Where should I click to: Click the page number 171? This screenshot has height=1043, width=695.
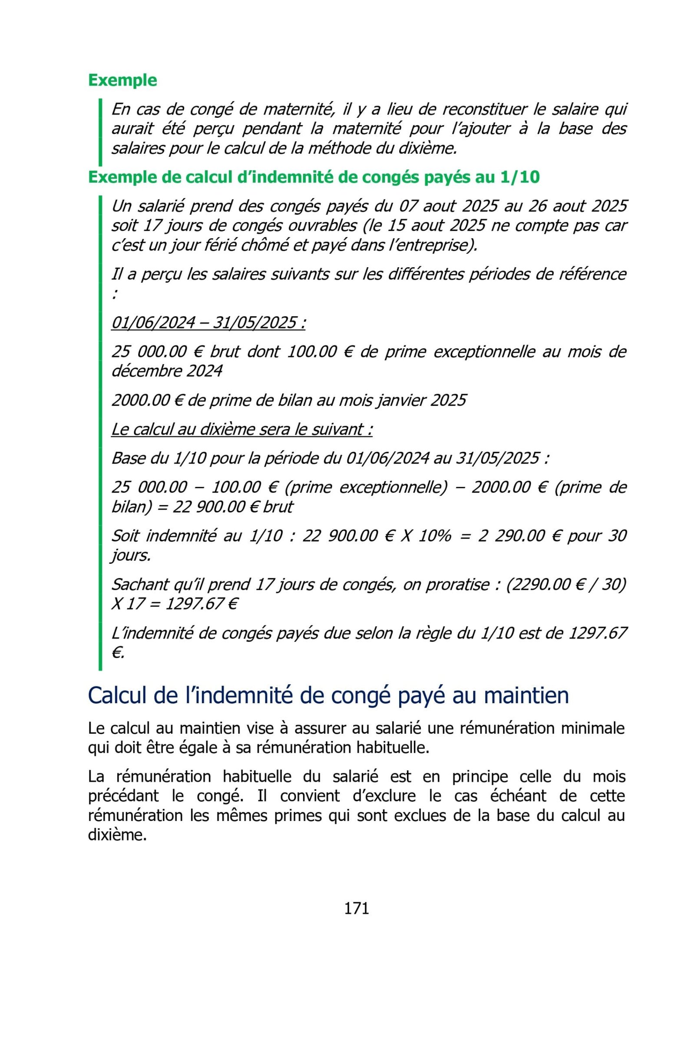point(356,908)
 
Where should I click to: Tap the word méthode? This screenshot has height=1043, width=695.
point(336,148)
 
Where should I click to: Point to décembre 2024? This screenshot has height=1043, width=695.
point(167,371)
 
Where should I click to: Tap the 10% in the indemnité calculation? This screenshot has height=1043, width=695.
point(434,536)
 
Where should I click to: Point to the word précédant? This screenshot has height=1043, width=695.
point(123,796)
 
